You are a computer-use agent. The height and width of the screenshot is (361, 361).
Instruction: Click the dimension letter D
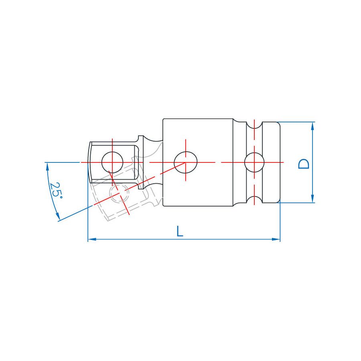pyautogui.click(x=305, y=163)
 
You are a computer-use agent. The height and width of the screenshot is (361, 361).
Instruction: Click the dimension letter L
pyautogui.click(x=180, y=231)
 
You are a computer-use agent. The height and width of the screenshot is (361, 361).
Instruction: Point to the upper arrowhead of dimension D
pyautogui.click(x=312, y=126)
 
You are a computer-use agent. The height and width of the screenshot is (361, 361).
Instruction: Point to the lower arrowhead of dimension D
pyautogui.click(x=312, y=199)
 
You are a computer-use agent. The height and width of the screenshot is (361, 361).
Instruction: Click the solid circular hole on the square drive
pyautogui.click(x=112, y=162)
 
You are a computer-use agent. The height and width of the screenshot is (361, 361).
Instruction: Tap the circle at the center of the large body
pyautogui.click(x=186, y=162)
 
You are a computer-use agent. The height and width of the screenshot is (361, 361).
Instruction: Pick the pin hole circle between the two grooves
pyautogui.click(x=254, y=162)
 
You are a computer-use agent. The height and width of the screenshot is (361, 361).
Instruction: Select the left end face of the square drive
pyautogui.click(x=89, y=162)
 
